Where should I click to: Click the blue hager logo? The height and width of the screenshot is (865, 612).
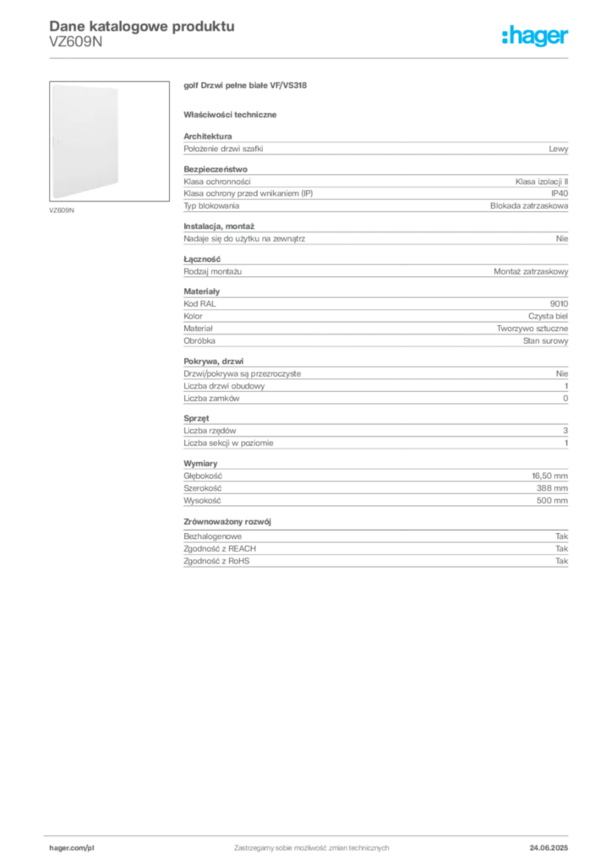click(x=536, y=36)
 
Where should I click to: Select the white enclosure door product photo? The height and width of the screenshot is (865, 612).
click(x=85, y=141)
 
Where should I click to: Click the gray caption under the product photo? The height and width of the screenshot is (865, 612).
click(x=63, y=211)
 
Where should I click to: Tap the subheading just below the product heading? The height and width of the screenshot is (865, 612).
click(x=233, y=113)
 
